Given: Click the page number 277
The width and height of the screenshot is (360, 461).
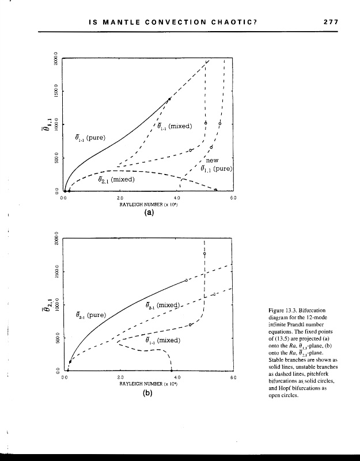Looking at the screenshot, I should point(330,22).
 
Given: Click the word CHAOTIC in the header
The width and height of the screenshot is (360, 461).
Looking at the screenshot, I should point(229,22).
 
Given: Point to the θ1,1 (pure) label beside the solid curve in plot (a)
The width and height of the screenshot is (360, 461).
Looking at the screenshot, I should point(89,138).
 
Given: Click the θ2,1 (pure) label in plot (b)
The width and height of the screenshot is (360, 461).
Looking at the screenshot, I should point(91,315).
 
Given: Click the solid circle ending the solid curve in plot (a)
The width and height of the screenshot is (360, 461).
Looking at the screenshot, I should point(169,100).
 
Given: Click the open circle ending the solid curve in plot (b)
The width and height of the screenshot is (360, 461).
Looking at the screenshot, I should point(186,280).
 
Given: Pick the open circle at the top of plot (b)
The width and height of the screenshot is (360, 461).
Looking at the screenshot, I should point(205,254).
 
